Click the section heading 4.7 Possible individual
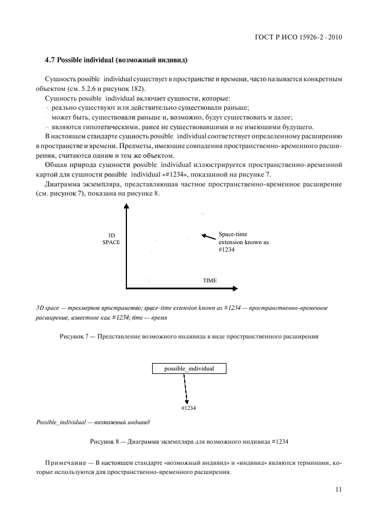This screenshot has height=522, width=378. (116, 60)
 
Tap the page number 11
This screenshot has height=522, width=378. (338, 489)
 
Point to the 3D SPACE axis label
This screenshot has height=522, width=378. (112, 239)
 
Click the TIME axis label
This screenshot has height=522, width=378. (210, 281)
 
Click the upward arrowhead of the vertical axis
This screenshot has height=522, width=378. (126, 208)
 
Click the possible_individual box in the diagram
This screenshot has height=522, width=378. (189, 369)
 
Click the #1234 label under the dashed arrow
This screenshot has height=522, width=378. (188, 408)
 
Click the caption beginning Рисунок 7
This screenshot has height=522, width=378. (189, 336)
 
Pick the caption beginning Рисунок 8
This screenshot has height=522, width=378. (189, 442)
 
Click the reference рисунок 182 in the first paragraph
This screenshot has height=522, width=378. (125, 89)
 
